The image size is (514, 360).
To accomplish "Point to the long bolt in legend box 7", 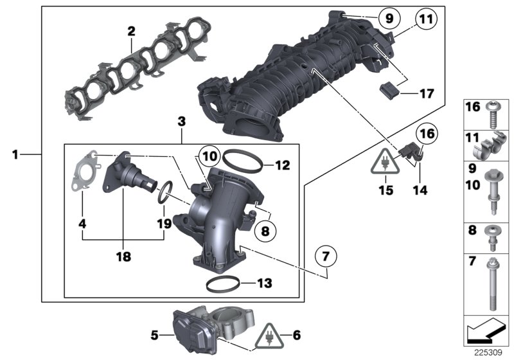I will coord(490,281).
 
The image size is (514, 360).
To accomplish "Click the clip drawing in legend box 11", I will coord(490,147).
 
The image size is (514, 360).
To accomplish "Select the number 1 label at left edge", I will coord(16,154).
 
